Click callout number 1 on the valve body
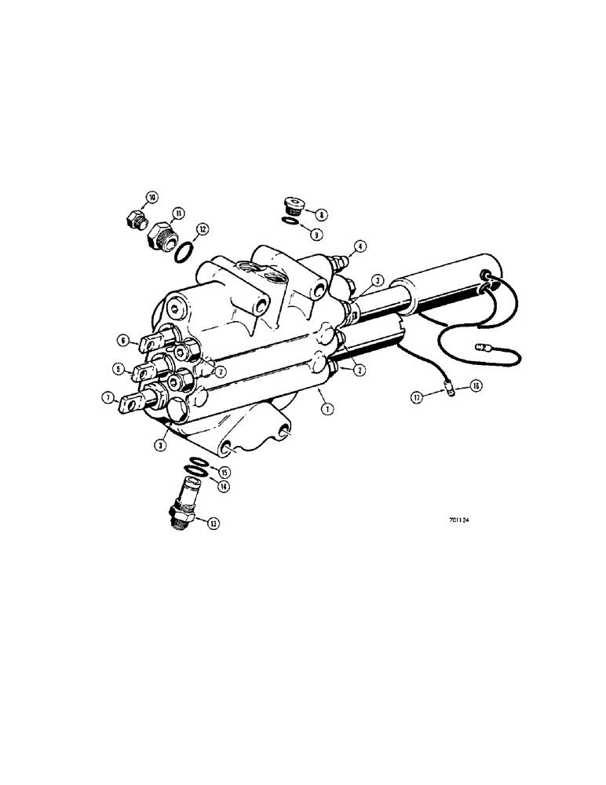[325, 407]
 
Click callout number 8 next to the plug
[322, 213]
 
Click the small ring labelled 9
[290, 223]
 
